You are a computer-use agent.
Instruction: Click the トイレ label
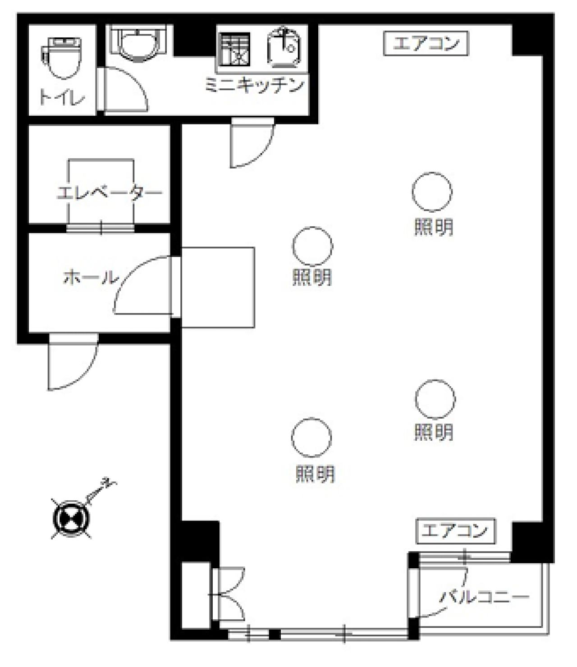[62, 97]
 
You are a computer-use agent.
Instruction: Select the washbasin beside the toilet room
[139, 42]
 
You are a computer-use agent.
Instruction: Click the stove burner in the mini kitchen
[234, 49]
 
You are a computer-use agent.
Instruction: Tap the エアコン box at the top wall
[426, 44]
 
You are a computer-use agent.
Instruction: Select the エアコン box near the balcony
[455, 530]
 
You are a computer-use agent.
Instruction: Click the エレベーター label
[110, 193]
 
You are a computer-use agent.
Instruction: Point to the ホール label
[90, 277]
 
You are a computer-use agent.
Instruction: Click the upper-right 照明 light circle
[432, 192]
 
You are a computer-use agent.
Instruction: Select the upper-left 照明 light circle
[312, 247]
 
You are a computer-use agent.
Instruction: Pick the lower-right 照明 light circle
[435, 399]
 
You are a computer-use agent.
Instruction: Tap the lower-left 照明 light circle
[311, 438]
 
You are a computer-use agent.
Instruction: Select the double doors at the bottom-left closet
[229, 595]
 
